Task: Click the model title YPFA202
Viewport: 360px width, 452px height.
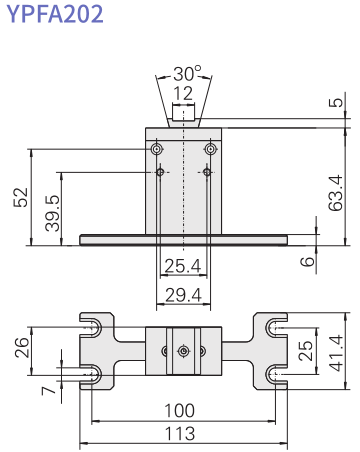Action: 55,14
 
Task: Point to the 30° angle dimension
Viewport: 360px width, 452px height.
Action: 187,73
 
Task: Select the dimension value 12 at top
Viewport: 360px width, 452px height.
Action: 183,93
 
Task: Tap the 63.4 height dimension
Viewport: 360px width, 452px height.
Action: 335,193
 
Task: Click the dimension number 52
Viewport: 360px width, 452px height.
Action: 21,197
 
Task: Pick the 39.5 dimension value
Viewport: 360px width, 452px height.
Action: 52,213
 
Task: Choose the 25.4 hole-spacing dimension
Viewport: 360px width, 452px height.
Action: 183,266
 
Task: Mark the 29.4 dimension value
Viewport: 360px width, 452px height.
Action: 183,295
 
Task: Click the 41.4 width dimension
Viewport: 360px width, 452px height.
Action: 336,353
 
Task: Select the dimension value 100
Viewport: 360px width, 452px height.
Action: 180,411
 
